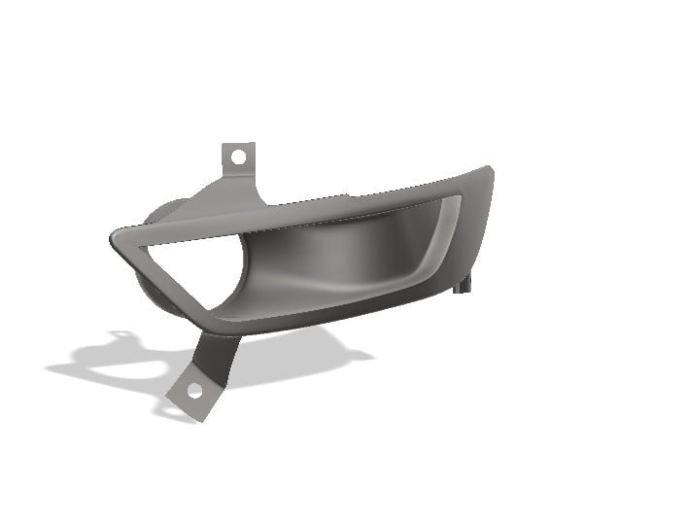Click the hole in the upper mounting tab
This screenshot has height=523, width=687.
tap(237, 156)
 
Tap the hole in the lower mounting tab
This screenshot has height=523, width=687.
tap(193, 392)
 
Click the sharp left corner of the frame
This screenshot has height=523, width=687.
tap(116, 237)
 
